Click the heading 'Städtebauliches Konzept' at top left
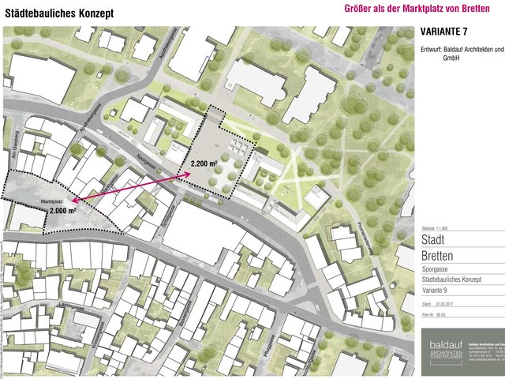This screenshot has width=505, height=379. [x=59, y=13]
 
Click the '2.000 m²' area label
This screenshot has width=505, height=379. [x=62, y=212]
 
